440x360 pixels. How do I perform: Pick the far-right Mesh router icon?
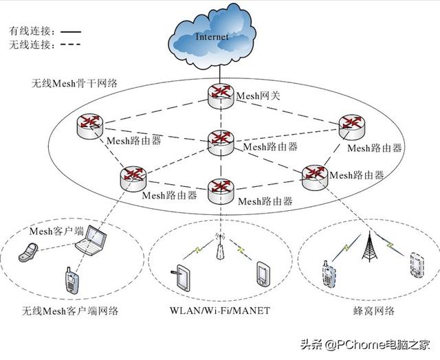click(x=352, y=124)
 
